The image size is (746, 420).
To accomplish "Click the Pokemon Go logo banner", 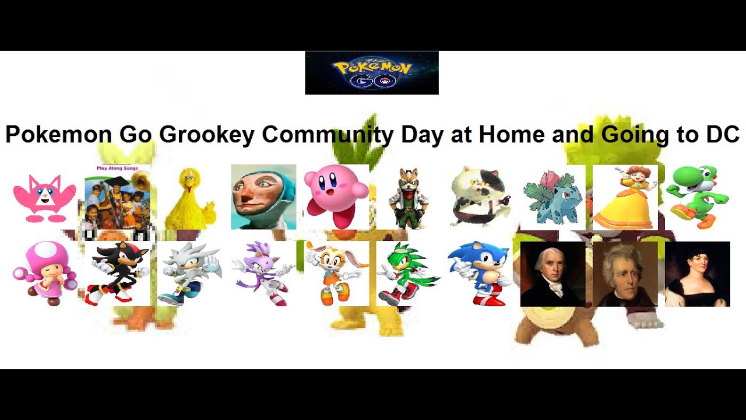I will [371, 73].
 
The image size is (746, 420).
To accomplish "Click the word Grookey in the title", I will [206, 135].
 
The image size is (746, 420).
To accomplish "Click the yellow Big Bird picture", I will [188, 198].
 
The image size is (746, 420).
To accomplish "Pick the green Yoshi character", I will [697, 197].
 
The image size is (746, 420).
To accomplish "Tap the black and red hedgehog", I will [117, 273].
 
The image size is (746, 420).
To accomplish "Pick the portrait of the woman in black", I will [697, 274].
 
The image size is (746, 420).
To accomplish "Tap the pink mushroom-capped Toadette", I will [44, 273].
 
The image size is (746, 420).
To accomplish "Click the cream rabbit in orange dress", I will [336, 273].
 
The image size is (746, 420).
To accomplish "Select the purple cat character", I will [262, 273].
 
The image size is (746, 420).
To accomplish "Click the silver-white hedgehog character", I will [189, 273].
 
